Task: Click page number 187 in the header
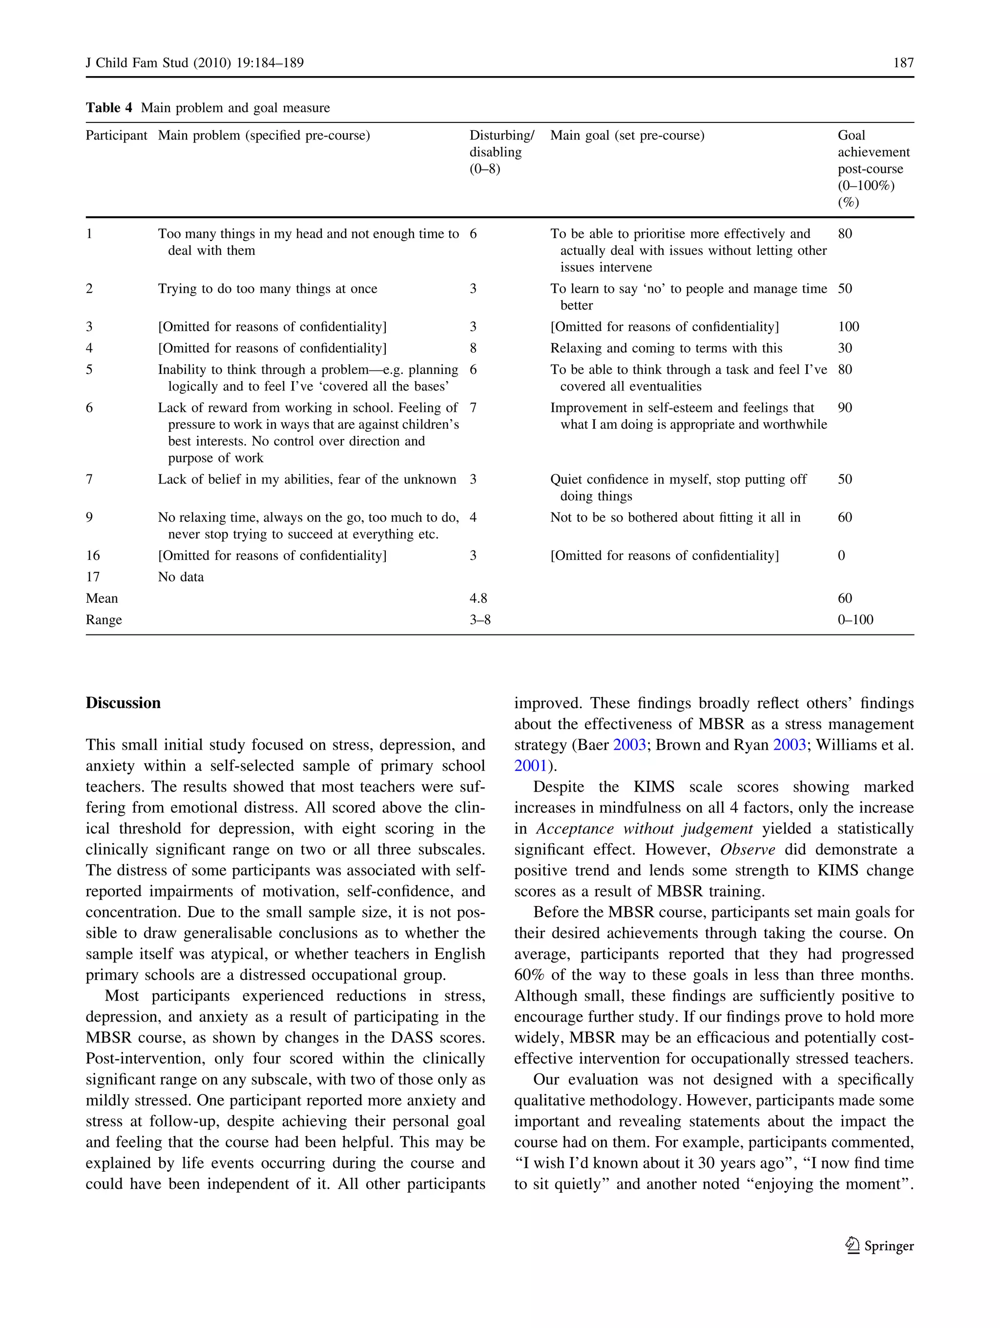coord(903,62)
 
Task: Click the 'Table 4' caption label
coord(109,107)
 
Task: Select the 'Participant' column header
coord(116,135)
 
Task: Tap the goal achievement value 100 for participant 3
coord(848,327)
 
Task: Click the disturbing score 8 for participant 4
coord(473,348)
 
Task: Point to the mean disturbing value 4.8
coord(478,598)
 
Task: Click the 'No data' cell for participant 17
coord(181,577)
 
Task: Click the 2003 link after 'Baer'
coord(629,745)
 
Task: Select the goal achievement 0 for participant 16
coord(841,555)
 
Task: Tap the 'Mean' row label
coord(102,598)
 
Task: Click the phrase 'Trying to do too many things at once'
coord(267,289)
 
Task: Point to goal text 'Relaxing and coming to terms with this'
coord(666,348)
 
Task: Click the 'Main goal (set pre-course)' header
coord(627,135)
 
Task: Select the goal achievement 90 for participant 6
coord(844,408)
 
